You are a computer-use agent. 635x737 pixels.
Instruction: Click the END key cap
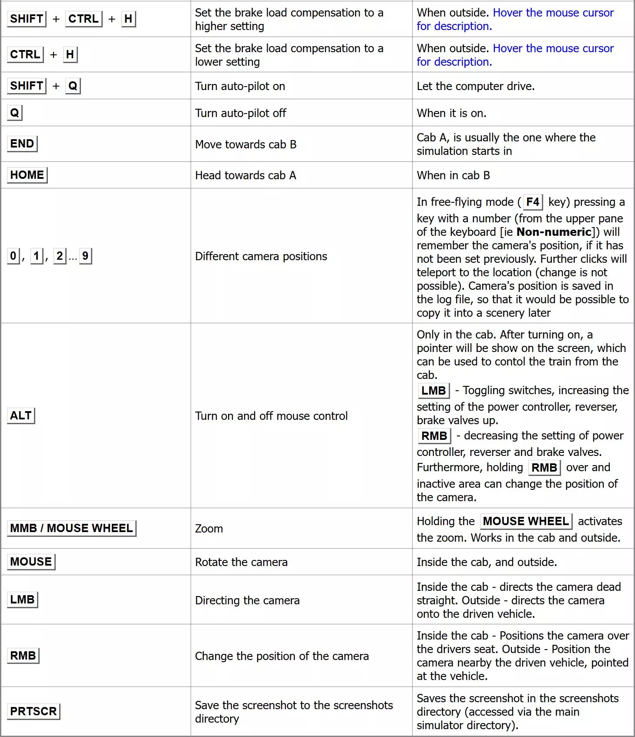[x=22, y=144]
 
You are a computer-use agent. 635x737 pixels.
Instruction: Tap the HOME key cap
[x=27, y=175]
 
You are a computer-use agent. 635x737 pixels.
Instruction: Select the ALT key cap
[x=21, y=415]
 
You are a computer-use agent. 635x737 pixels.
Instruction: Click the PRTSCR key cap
[x=34, y=711]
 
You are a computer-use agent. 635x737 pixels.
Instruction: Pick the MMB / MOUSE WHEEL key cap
[x=71, y=528]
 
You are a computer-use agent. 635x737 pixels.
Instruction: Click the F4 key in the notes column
[x=532, y=202]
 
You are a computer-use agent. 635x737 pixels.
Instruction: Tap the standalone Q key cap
[x=14, y=113]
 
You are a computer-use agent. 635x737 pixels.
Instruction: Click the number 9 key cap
[x=85, y=256]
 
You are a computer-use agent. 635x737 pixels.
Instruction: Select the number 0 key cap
[x=13, y=256]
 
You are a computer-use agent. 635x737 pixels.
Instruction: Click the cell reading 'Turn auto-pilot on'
[x=240, y=86]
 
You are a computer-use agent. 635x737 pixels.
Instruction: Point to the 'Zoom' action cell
[x=209, y=529]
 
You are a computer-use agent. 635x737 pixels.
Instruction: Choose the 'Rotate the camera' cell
[x=241, y=562]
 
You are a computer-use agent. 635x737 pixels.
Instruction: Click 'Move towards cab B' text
[x=245, y=144]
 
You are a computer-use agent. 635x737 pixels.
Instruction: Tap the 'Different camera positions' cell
[x=261, y=256]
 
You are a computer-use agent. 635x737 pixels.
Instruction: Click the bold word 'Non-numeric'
[x=554, y=232]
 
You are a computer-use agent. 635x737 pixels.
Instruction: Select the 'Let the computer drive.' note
[x=475, y=86]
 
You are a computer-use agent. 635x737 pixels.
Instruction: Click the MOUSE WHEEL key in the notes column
[x=526, y=521]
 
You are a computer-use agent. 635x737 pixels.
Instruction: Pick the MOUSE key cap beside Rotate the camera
[x=31, y=562]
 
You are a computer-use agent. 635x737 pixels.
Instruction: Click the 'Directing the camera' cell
[x=247, y=600]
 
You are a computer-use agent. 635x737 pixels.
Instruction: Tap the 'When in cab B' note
[x=453, y=175]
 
